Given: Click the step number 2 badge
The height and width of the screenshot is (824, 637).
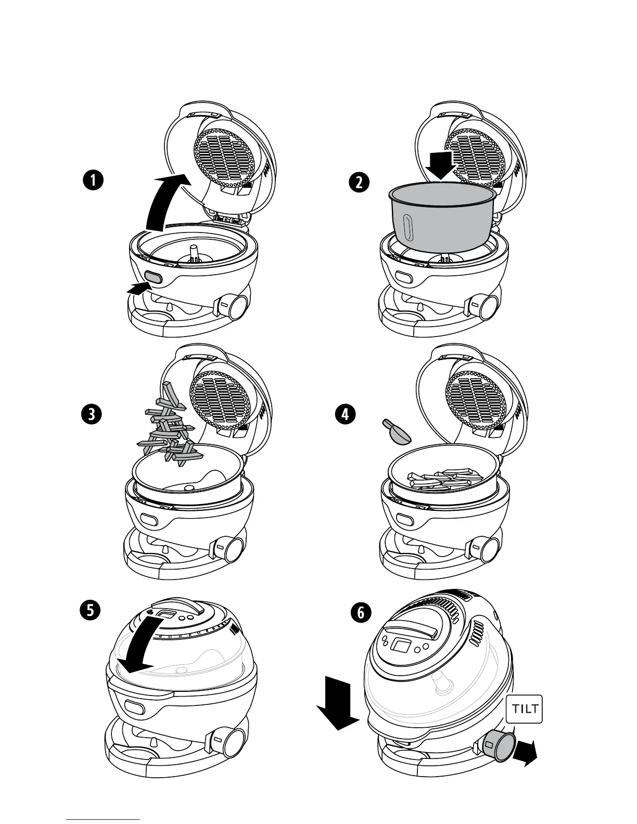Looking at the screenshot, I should pos(358,183).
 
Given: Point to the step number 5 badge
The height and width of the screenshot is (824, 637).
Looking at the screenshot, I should pos(91,610).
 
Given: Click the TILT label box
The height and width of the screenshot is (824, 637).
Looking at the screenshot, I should pos(524,709).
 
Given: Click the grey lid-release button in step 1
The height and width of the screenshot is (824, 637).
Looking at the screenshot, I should pos(153,277).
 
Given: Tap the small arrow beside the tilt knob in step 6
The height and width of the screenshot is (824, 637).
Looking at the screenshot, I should pos(526,754).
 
